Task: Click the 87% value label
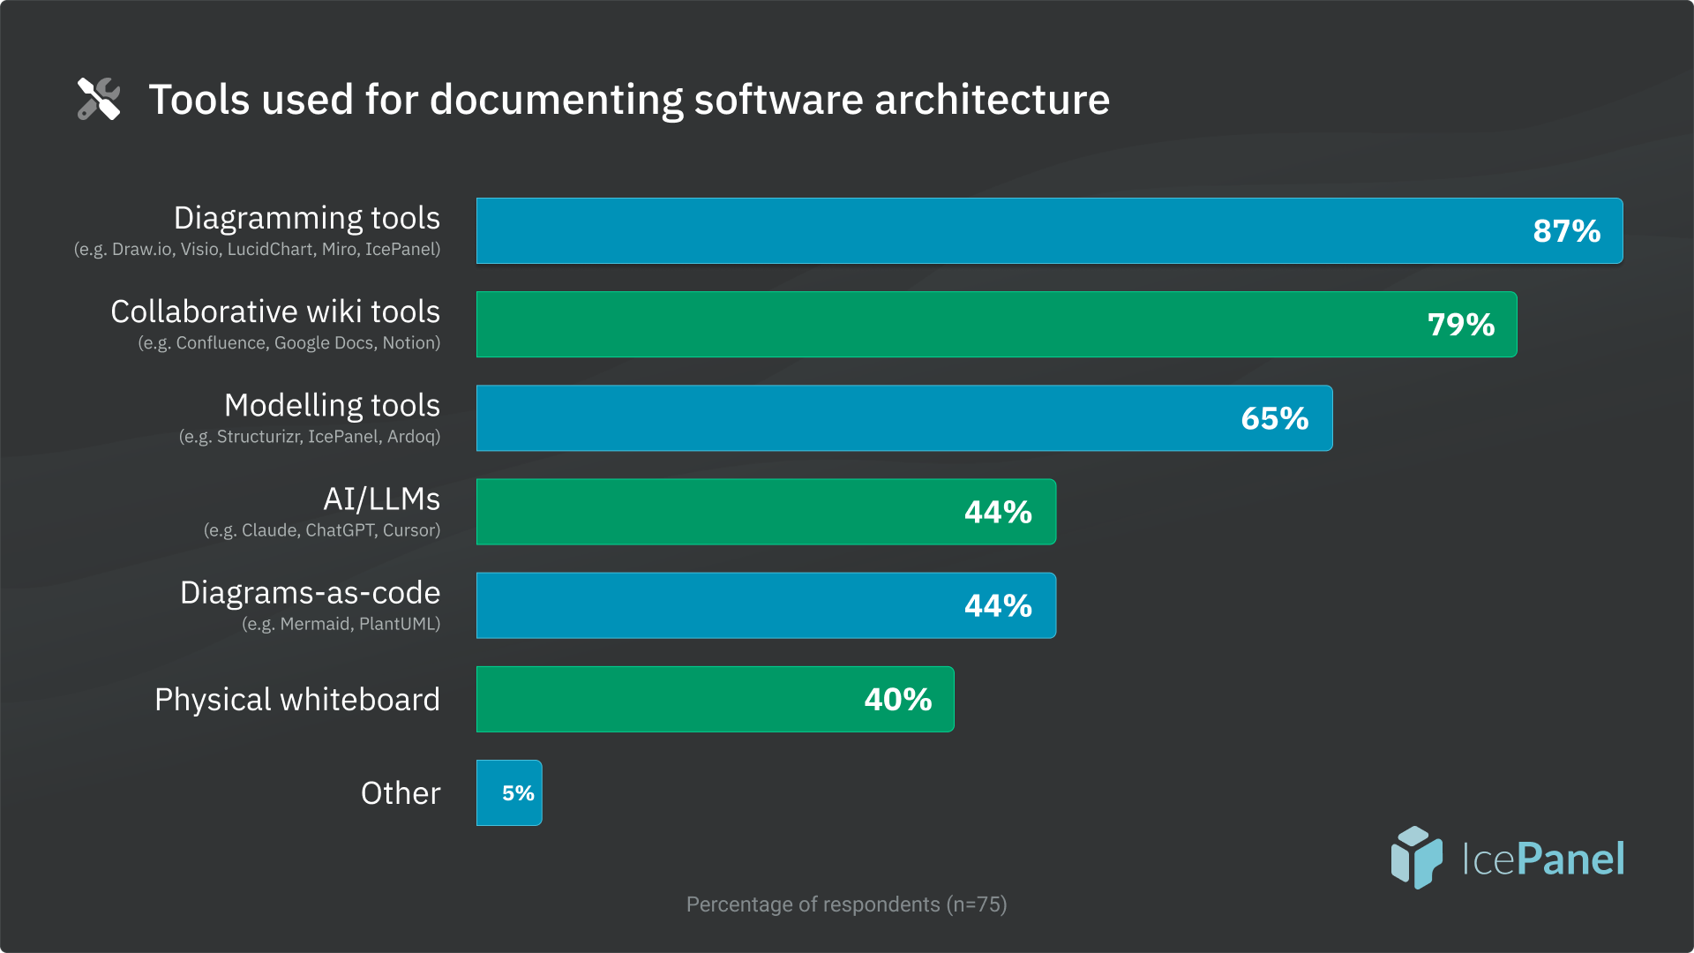(1566, 231)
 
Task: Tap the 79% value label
(1461, 325)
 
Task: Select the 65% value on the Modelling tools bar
(1274, 418)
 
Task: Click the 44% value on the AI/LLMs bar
(998, 512)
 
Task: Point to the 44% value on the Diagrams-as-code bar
(998, 605)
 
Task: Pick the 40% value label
(897, 700)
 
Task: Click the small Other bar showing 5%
(510, 792)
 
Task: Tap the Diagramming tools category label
(306, 218)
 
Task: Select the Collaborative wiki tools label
(274, 311)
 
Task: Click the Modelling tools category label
(332, 405)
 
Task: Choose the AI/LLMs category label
(381, 499)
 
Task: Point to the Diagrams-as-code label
(310, 593)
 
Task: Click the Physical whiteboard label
(296, 700)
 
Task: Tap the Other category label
(401, 793)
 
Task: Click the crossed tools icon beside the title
(99, 99)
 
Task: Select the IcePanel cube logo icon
(1416, 857)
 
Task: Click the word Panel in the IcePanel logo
(1570, 859)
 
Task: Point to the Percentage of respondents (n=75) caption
(846, 904)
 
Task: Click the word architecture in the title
(992, 100)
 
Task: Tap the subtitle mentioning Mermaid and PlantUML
(341, 624)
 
